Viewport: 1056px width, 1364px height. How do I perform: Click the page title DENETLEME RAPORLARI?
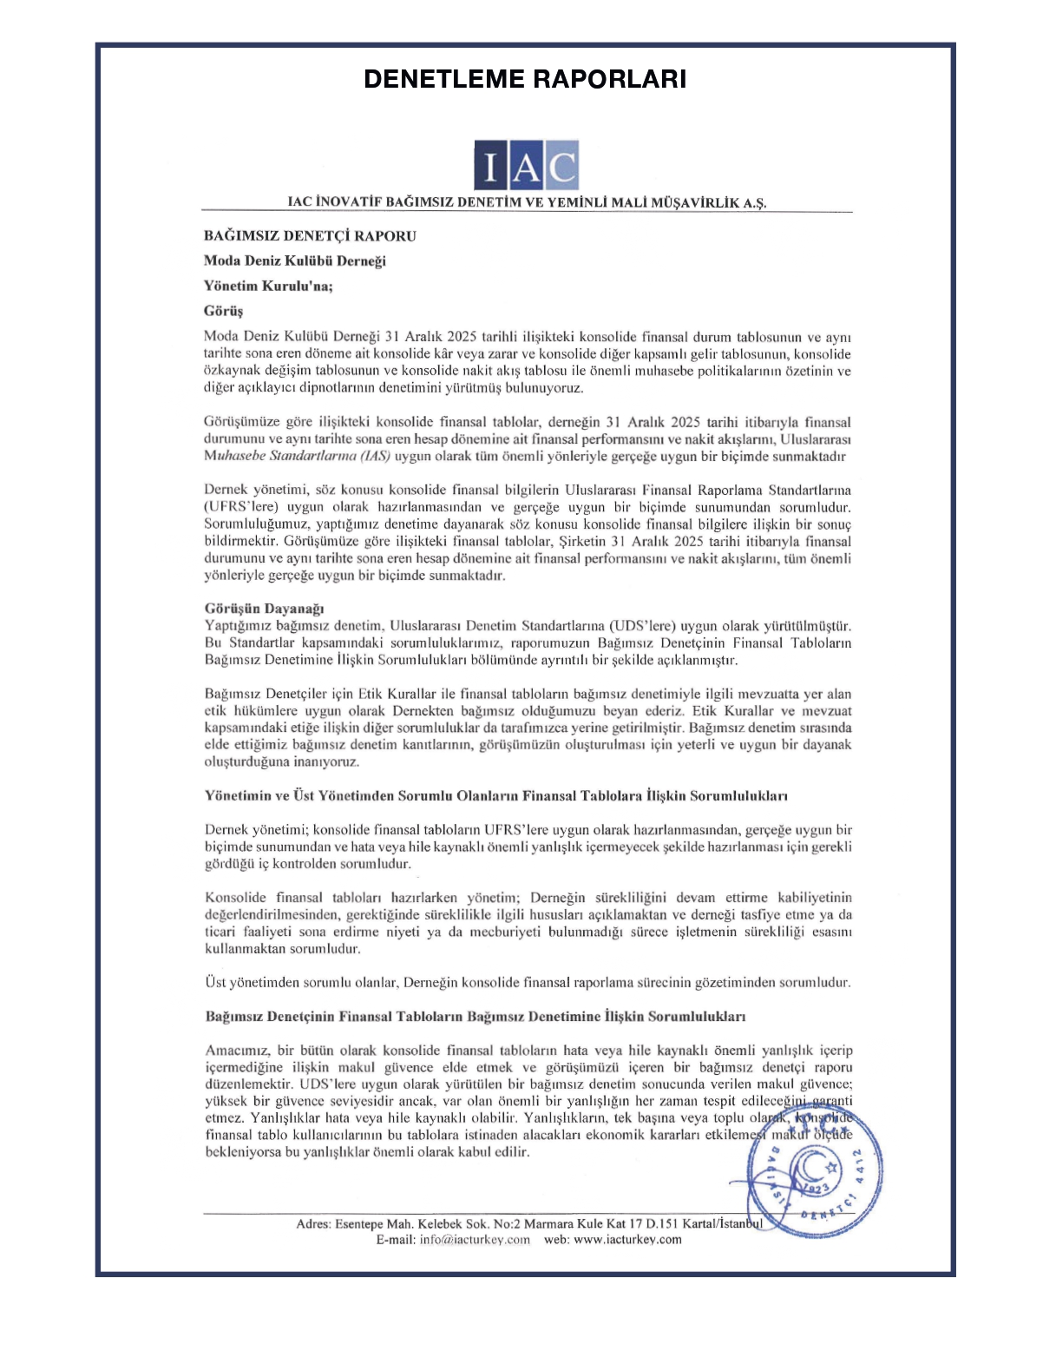(x=525, y=79)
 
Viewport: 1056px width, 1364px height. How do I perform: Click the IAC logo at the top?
(x=526, y=165)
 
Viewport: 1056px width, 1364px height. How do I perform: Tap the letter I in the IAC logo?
(x=490, y=167)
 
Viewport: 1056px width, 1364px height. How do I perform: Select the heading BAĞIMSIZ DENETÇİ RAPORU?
(x=310, y=236)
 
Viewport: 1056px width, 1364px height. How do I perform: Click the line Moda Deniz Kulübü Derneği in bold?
(x=294, y=260)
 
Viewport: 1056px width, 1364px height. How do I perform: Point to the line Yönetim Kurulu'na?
(x=268, y=286)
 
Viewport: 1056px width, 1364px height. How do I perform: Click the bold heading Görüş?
(x=223, y=311)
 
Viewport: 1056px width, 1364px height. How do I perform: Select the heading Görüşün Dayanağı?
(x=264, y=609)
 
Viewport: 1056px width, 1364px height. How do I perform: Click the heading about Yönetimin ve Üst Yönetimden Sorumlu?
(x=495, y=795)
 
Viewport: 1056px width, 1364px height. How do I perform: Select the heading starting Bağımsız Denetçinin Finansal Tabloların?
(x=475, y=1016)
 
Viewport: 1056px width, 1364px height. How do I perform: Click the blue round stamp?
(x=816, y=1171)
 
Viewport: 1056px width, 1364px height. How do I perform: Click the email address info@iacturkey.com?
(x=475, y=1239)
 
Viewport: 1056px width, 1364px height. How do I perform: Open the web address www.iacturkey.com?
(x=627, y=1239)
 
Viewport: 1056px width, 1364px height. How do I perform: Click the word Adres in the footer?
(x=312, y=1224)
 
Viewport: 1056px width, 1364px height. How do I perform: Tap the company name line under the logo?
(x=527, y=202)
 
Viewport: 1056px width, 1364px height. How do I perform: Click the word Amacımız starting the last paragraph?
(x=237, y=1051)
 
